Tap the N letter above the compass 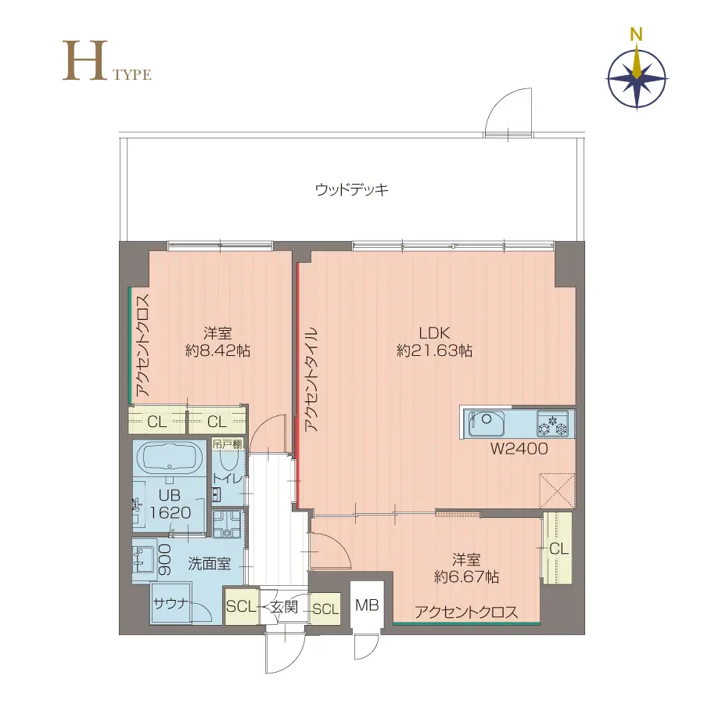pos(637,34)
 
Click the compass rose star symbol pos(638,78)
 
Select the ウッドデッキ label pos(352,189)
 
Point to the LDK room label pos(433,332)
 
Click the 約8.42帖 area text pos(217,351)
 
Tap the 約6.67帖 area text pos(467,577)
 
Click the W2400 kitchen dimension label pos(519,449)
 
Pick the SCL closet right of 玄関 pos(325,609)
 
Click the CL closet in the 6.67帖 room pos(558,548)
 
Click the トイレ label pos(226,480)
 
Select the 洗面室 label pos(209,562)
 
